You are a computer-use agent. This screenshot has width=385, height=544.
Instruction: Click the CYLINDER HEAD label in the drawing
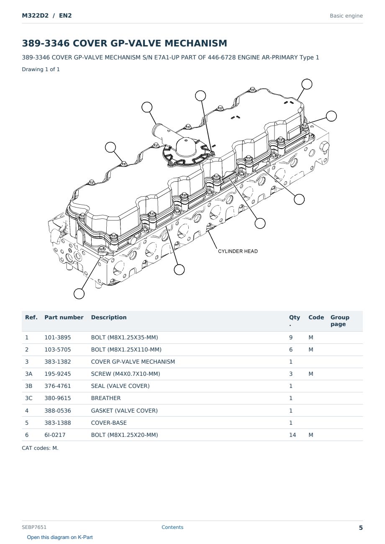point(238,251)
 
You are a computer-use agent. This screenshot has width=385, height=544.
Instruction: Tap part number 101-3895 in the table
point(58,337)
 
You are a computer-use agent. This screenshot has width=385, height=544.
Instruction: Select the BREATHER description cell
point(105,398)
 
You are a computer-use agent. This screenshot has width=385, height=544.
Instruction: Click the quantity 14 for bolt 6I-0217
point(293,435)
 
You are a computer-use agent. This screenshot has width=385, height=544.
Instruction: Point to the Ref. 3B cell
point(28,386)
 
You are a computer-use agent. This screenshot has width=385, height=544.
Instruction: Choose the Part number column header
point(64,318)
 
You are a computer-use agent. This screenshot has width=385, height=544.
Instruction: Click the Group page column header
point(340,321)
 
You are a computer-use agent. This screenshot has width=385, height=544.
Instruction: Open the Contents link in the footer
point(172,527)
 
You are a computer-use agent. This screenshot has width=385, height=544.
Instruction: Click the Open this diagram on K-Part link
point(60,537)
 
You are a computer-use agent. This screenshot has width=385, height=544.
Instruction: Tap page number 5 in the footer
point(361,528)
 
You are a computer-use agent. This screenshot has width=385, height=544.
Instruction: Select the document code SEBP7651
point(34,527)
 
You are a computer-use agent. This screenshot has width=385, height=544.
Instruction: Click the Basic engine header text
point(346,16)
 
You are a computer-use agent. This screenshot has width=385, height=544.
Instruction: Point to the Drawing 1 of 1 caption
point(41,69)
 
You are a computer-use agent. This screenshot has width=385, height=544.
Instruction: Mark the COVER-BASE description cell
point(109,423)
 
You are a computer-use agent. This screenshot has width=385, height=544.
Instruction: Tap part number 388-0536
point(58,411)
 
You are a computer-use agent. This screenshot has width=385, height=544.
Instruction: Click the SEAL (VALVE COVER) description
point(120,386)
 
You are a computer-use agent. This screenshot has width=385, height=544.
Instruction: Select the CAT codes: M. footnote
point(40,448)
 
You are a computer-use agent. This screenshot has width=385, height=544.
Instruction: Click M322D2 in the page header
point(35,15)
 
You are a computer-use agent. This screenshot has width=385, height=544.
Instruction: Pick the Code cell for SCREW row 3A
point(311,374)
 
